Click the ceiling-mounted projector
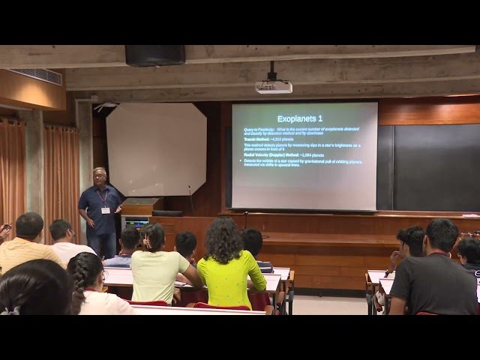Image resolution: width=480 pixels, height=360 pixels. point(273,86)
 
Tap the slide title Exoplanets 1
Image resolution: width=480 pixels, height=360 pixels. point(300,118)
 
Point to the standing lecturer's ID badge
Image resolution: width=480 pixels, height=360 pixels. point(106,209)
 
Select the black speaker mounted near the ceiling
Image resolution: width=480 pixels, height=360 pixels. point(154,55)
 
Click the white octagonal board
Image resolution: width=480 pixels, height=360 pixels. point(156,149)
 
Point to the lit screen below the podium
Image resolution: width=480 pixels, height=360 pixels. point(136,223)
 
